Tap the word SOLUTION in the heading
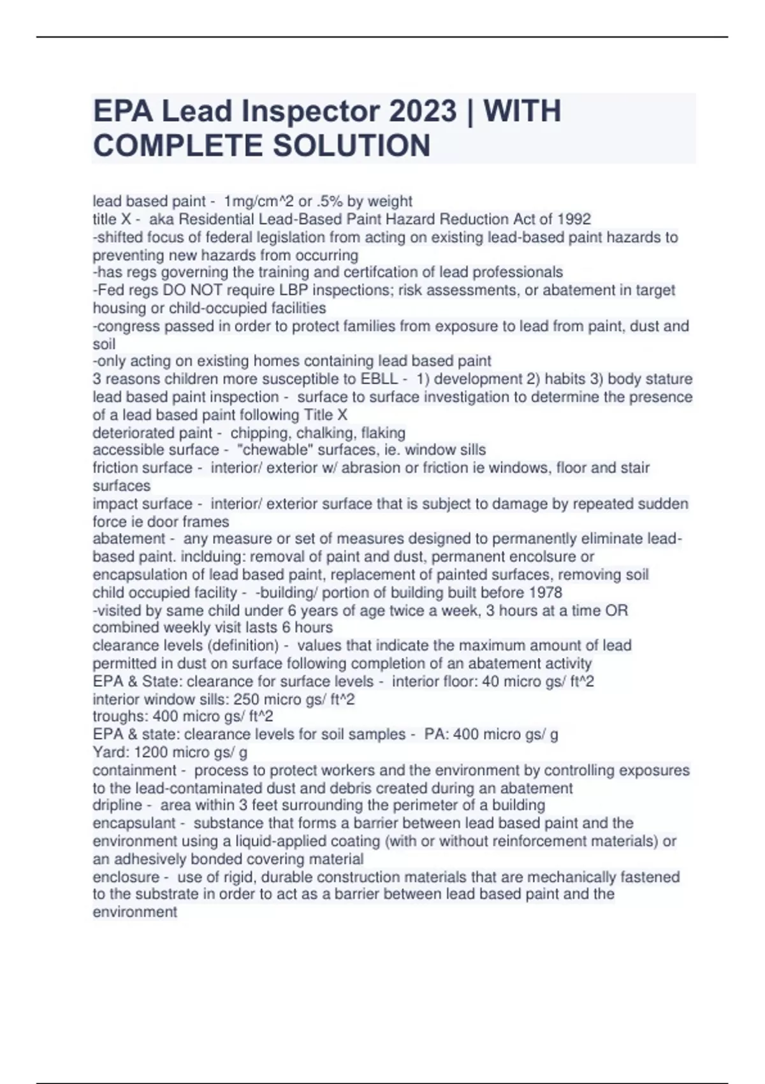pyautogui.click(x=351, y=145)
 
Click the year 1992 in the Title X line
pyautogui.click(x=574, y=219)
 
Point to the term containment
pyautogui.click(x=135, y=770)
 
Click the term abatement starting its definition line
pyautogui.click(x=129, y=539)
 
